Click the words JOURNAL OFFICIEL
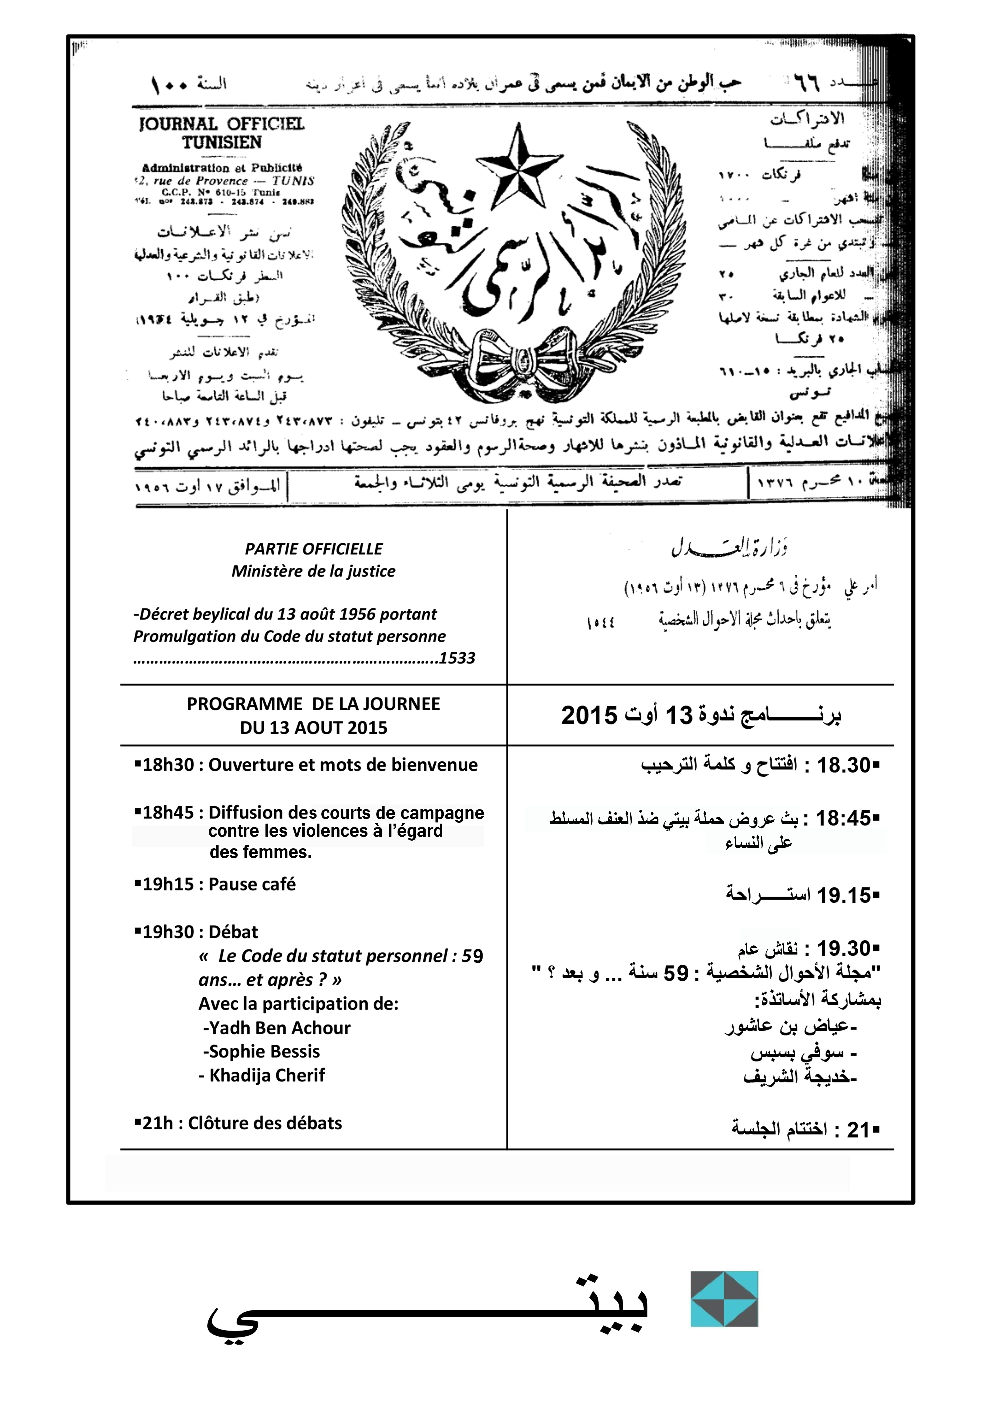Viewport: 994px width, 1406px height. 222,124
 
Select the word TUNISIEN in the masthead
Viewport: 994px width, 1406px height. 222,143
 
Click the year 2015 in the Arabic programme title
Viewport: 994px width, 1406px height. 589,715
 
